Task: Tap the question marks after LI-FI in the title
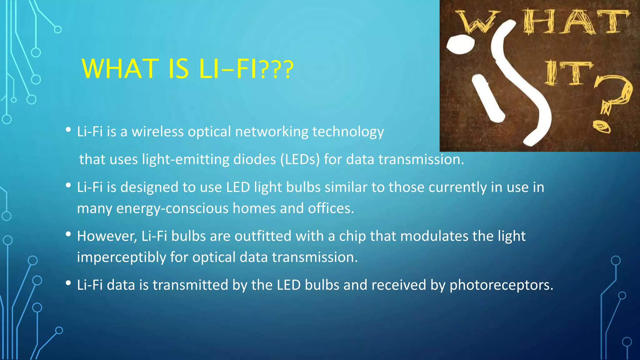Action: pyautogui.click(x=276, y=69)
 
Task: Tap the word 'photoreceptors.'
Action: pyautogui.click(x=501, y=285)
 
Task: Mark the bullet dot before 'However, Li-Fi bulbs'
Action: pyautogui.click(x=68, y=234)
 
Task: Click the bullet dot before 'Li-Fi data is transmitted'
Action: pyautogui.click(x=68, y=283)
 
